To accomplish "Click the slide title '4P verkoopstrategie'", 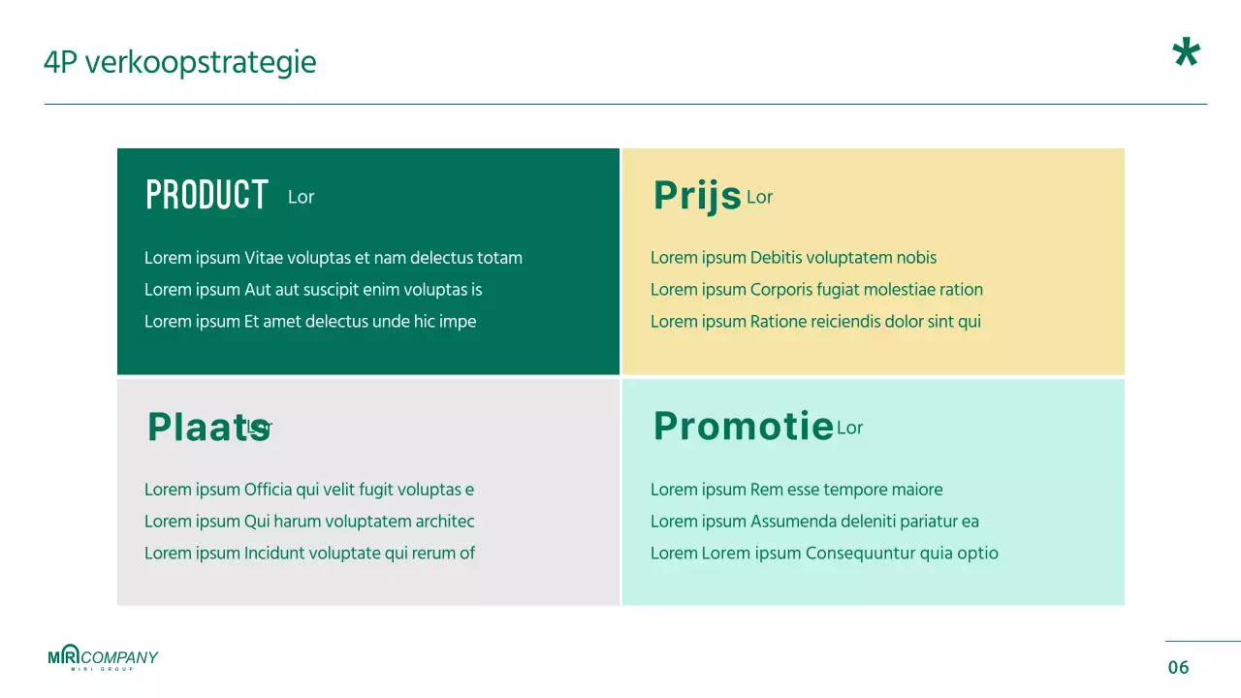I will click(x=179, y=63).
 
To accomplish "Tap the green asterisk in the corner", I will click(x=1186, y=54).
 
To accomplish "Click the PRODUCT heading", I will click(x=207, y=195).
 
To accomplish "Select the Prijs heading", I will click(x=697, y=196).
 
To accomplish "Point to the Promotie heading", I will click(x=743, y=427).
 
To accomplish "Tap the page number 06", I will click(x=1178, y=667).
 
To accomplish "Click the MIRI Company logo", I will click(x=103, y=658).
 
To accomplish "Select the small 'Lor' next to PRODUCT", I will click(x=302, y=197).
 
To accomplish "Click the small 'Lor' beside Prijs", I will click(x=759, y=198).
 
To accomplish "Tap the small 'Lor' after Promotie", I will click(x=849, y=428).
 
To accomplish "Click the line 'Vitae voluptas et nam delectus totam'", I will click(x=334, y=258).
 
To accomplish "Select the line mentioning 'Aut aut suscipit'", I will click(x=313, y=290).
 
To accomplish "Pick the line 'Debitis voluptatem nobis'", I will click(x=793, y=258).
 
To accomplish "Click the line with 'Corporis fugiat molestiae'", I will click(x=816, y=290).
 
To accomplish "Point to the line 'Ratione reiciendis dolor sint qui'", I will click(x=815, y=322).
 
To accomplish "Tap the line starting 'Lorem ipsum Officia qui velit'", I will click(x=309, y=490).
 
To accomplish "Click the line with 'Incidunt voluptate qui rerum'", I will click(x=309, y=554).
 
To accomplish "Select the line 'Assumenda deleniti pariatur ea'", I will click(x=814, y=522).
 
